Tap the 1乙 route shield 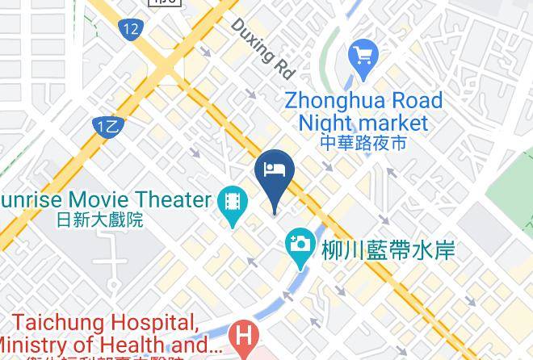coord(107,126)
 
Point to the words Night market coord(363,123)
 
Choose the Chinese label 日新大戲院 coord(100,219)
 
